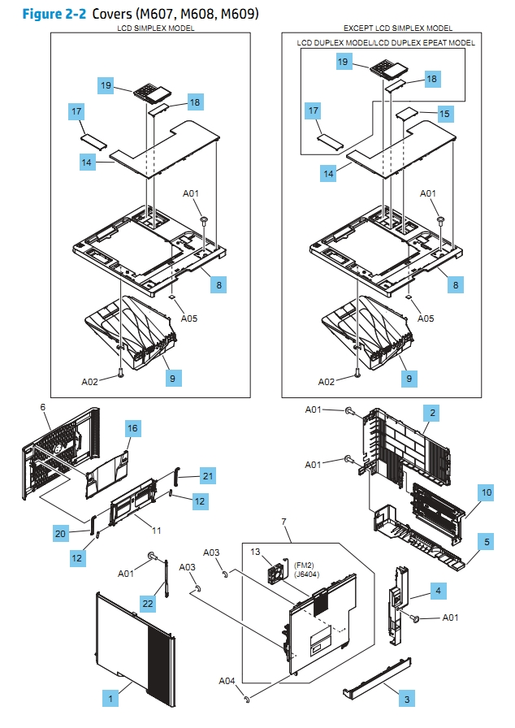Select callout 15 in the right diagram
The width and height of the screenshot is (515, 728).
click(444, 115)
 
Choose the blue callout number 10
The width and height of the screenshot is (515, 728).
click(486, 492)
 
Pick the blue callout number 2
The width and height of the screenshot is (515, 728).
click(433, 414)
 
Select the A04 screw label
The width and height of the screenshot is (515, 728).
click(228, 681)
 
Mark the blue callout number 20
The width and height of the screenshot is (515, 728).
click(60, 534)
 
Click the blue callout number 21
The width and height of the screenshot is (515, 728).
click(208, 474)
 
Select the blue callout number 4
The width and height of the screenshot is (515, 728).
click(436, 591)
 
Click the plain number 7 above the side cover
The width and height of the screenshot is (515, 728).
click(283, 520)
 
